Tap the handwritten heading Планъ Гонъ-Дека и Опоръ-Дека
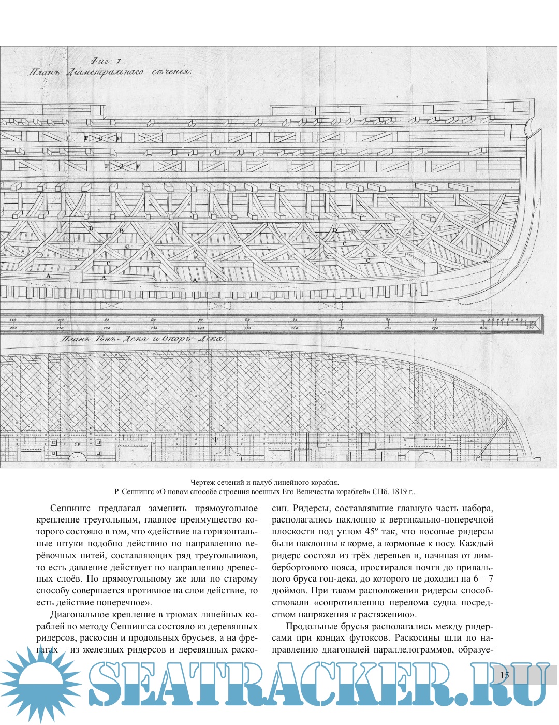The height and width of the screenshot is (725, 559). click(x=141, y=340)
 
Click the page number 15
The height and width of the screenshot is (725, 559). click(x=505, y=675)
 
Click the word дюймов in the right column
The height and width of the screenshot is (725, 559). click(x=289, y=591)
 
